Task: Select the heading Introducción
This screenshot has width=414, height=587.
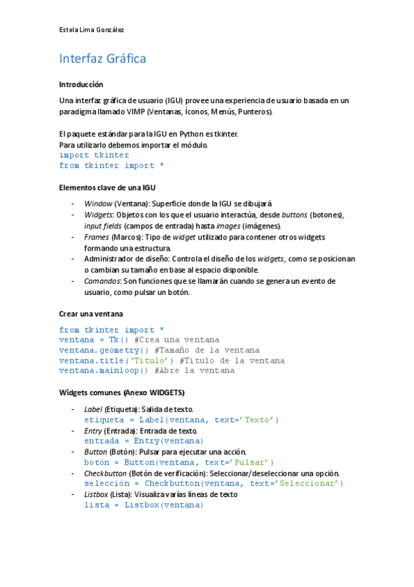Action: click(81, 84)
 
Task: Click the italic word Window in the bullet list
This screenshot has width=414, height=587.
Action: click(97, 204)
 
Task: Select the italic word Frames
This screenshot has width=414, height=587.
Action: click(96, 237)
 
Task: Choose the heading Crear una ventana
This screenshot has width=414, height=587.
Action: click(91, 314)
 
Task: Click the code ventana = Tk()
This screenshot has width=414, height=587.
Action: click(94, 340)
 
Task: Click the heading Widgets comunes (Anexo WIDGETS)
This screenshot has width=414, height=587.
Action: click(122, 392)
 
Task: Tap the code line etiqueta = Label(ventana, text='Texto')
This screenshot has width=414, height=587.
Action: click(181, 419)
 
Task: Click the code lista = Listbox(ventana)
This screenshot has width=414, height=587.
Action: click(144, 505)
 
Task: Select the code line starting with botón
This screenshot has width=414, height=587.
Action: click(179, 462)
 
